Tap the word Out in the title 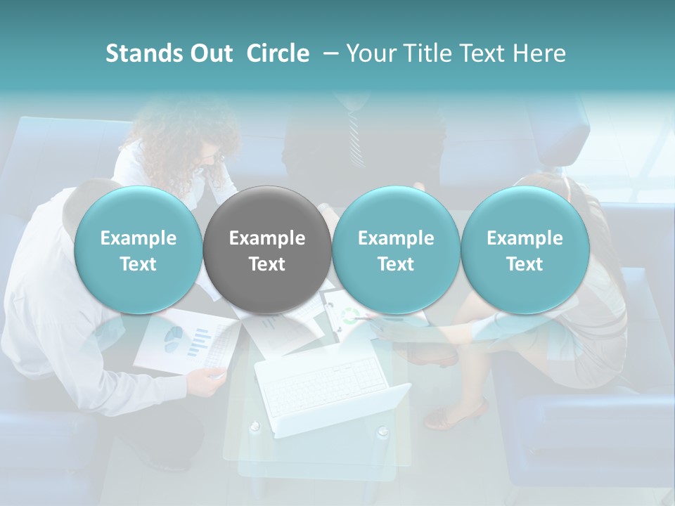(210, 53)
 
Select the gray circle (267, 250)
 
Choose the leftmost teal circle (138, 250)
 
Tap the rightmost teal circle (525, 250)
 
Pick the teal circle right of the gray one (396, 250)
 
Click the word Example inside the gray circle (267, 238)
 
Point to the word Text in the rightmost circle (525, 264)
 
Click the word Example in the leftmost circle (138, 238)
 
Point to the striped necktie (354, 134)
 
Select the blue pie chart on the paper (173, 339)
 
